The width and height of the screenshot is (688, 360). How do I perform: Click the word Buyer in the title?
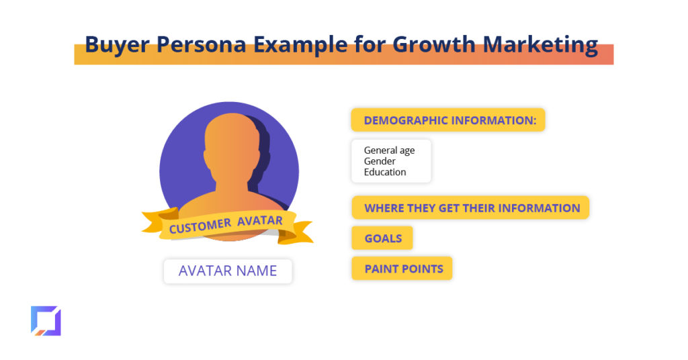[x=117, y=45]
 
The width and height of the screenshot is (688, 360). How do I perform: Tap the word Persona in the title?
[x=201, y=44]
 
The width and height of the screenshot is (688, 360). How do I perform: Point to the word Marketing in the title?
[x=540, y=45]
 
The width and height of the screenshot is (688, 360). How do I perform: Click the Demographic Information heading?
[x=448, y=120]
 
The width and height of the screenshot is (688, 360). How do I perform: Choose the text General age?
[x=389, y=150]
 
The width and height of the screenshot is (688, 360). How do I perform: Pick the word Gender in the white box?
[x=380, y=161]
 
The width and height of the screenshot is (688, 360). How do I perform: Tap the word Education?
[x=385, y=172]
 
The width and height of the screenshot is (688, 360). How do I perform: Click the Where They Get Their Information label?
[x=470, y=208]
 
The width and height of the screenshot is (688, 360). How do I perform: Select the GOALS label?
[x=382, y=238]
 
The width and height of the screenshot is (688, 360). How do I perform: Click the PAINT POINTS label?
[x=402, y=269]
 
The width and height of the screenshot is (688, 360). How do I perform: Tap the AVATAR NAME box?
[x=228, y=271]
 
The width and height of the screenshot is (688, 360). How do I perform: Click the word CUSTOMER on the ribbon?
[x=200, y=226]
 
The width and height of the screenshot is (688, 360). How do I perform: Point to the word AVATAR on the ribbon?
[x=260, y=220]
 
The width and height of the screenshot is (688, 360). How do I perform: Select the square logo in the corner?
[x=46, y=321]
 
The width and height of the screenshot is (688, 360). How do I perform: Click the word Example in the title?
[x=300, y=45]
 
